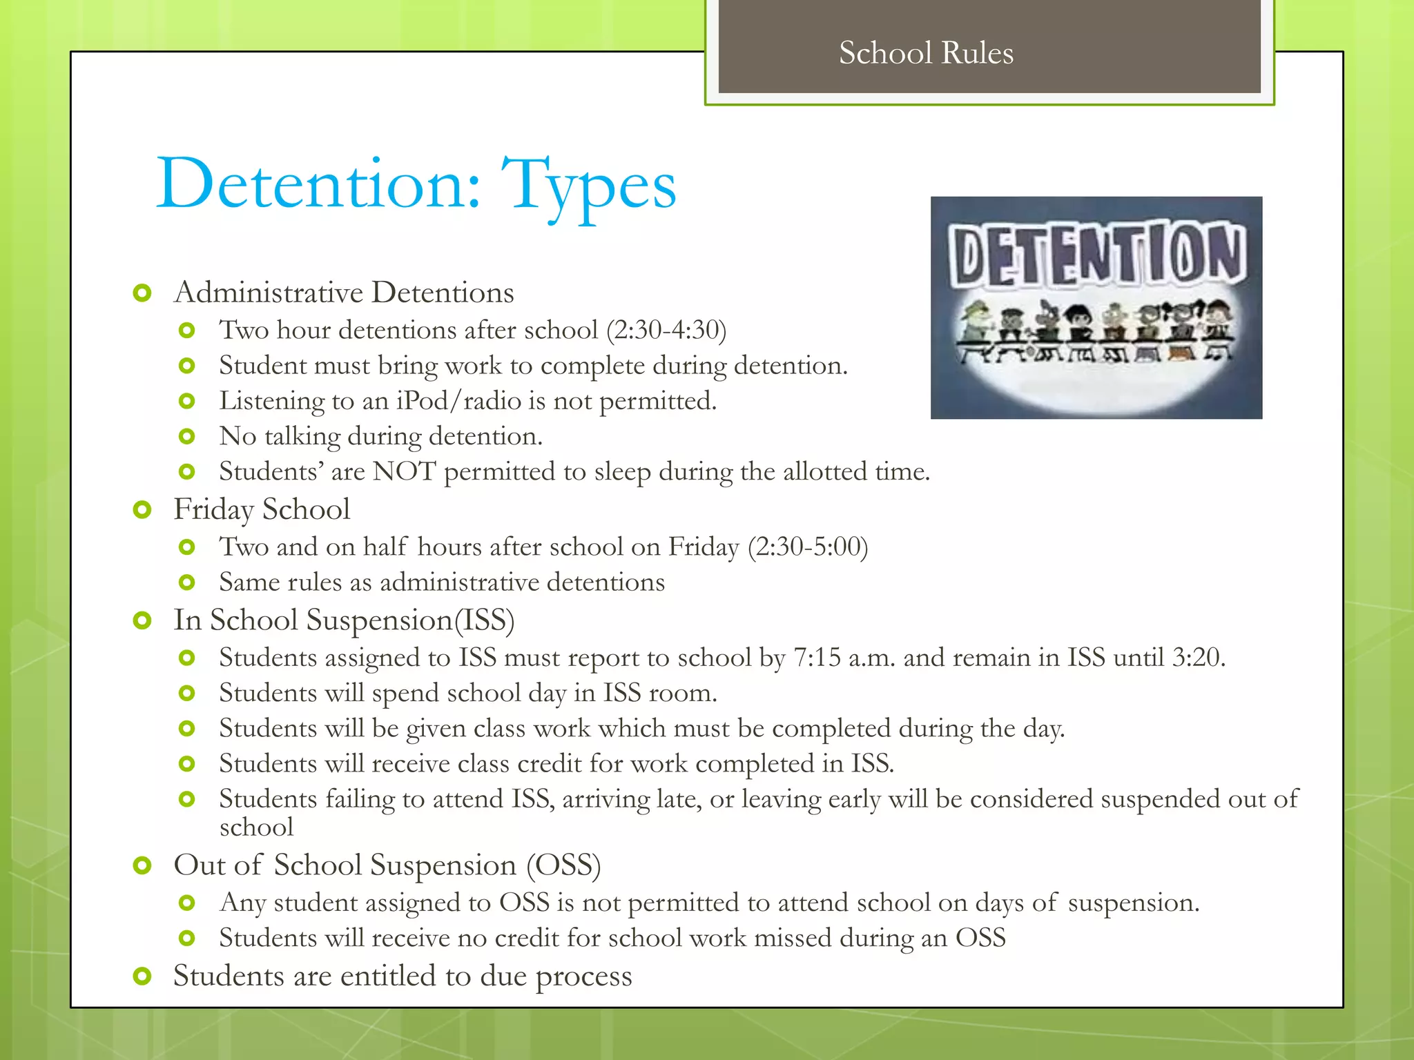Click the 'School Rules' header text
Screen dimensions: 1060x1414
click(926, 53)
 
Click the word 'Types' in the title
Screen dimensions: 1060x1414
click(588, 185)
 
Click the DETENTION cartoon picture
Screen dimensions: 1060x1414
click(1096, 308)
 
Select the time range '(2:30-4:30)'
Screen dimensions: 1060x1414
click(666, 331)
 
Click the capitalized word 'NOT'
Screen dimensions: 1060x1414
click(404, 472)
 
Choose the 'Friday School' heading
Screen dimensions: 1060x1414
click(262, 510)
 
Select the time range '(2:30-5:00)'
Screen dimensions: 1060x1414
click(808, 547)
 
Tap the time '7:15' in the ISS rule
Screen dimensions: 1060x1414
click(817, 658)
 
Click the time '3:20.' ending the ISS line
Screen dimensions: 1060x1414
click(1199, 658)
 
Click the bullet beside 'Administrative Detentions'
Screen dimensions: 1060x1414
click(142, 293)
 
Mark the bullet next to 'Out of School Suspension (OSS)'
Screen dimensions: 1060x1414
click(142, 865)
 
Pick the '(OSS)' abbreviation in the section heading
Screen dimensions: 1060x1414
click(563, 865)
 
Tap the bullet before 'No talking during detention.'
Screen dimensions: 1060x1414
click(187, 436)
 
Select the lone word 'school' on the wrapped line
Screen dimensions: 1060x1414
click(256, 827)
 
